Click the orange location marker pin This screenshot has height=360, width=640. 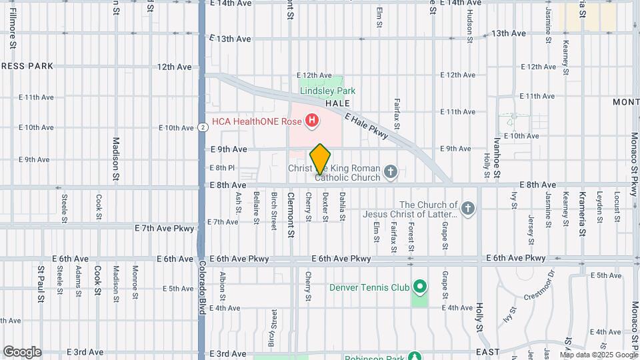tap(321, 159)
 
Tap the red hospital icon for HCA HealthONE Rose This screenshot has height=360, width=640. tap(311, 121)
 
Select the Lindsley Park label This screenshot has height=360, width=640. tap(327, 91)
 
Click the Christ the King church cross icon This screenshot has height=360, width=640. tap(391, 173)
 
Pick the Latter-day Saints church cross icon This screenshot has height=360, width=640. tap(469, 209)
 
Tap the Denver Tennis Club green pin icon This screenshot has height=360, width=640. tap(419, 287)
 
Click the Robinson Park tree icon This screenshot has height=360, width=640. tap(415, 357)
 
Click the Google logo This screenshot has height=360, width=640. tap(22, 352)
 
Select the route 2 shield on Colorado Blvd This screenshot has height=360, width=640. tap(201, 127)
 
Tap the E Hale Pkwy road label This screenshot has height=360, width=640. tap(367, 125)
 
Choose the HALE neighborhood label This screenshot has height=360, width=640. tap(337, 104)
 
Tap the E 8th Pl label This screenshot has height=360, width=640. tap(222, 168)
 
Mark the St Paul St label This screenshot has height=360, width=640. tap(41, 280)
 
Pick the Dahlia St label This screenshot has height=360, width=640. tap(342, 207)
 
